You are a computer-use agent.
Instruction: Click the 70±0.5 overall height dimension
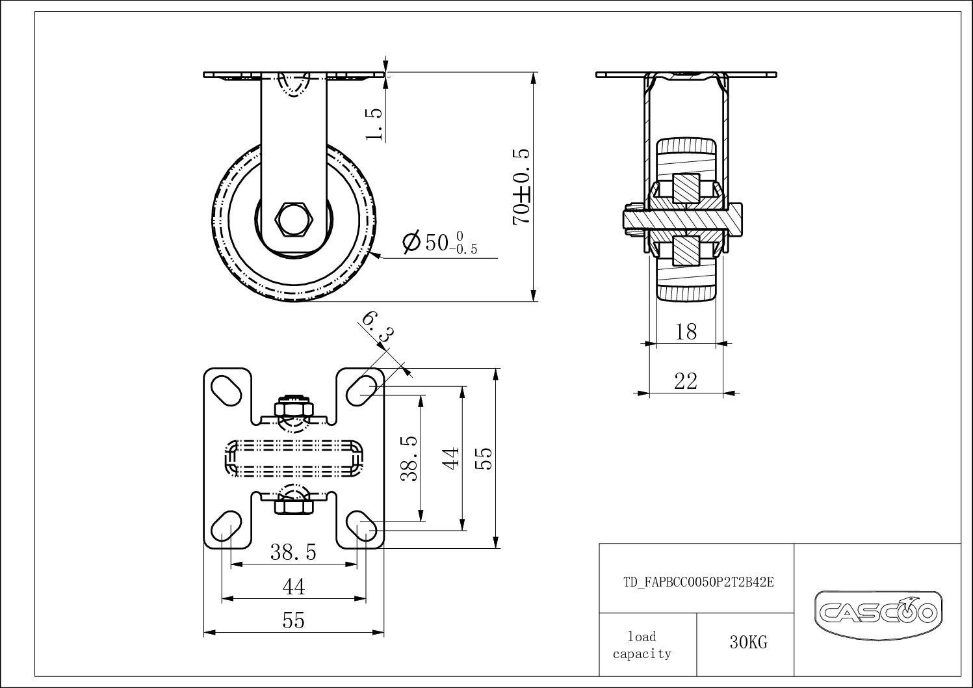pos(521,187)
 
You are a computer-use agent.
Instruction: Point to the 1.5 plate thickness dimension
pos(374,123)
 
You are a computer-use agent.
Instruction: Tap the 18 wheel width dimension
pos(686,332)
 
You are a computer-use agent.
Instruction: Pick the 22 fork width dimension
pos(686,381)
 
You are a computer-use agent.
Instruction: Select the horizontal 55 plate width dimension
pos(293,621)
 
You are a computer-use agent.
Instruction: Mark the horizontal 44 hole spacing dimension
pos(293,587)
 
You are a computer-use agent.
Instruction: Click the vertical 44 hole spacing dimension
pos(452,456)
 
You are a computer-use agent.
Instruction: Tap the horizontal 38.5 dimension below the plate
pos(293,553)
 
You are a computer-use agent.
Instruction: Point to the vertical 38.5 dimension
pos(409,458)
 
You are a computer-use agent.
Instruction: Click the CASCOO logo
pos(877,612)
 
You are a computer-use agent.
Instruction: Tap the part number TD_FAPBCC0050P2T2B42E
pos(698,583)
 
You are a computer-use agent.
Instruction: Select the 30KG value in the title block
pos(747,643)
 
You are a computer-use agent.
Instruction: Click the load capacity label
pos(642,645)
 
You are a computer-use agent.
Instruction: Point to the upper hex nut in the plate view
pos(294,409)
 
